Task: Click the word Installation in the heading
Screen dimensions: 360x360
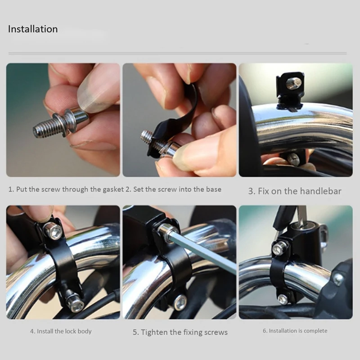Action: [x=33, y=29]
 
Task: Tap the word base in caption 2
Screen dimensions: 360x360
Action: [x=214, y=189]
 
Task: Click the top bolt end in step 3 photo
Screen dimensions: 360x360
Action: [x=293, y=82]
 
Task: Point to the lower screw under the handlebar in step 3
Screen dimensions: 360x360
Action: [x=293, y=159]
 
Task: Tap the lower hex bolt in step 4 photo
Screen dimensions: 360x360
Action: [x=76, y=303]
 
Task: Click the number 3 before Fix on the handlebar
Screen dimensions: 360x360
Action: [x=251, y=191]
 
